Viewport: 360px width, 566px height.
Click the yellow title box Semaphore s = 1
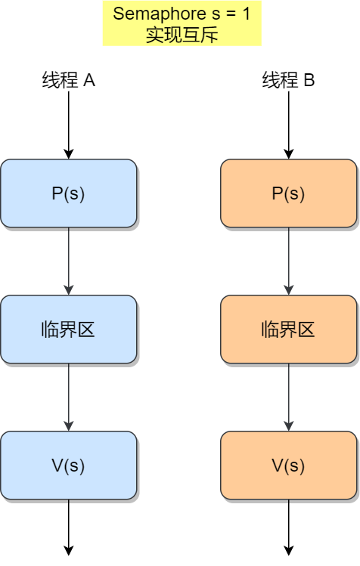pos(182,24)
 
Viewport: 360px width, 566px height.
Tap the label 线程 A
pos(68,80)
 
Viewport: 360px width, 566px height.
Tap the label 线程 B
pos(288,80)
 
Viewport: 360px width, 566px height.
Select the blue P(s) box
pos(68,193)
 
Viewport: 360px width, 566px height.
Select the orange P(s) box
pos(288,193)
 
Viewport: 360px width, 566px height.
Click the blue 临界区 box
pos(68,329)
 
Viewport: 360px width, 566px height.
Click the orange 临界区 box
pos(288,329)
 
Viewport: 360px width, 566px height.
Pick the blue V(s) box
pos(68,465)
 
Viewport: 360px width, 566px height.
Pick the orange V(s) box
pos(288,465)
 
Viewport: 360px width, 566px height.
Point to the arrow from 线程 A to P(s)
pos(69,125)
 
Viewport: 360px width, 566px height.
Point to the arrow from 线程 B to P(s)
pos(288,125)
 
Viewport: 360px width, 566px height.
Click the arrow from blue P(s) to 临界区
pos(69,261)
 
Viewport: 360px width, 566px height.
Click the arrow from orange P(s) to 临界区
pos(288,261)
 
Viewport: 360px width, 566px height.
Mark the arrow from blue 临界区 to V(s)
pos(69,397)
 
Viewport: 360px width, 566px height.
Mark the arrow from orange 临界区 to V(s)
pos(288,397)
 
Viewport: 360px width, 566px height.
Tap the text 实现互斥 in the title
pos(182,35)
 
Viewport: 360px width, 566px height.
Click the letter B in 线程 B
pos(309,80)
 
